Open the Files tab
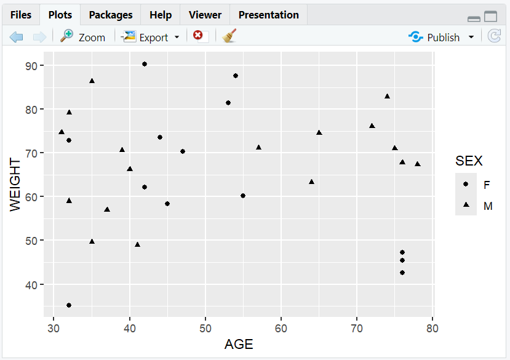click(x=20, y=15)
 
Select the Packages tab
click(x=110, y=15)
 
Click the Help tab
click(x=160, y=15)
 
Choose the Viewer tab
click(x=205, y=15)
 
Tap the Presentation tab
click(x=268, y=15)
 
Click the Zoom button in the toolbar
click(x=83, y=37)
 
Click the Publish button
click(x=442, y=37)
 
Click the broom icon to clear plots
click(x=229, y=36)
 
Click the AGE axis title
click(x=238, y=345)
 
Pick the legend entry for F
click(x=487, y=185)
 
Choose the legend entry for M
click(x=487, y=206)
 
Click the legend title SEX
click(x=469, y=161)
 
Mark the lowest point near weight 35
click(x=69, y=305)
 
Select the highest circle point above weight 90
click(x=145, y=64)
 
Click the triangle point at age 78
click(x=418, y=164)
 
